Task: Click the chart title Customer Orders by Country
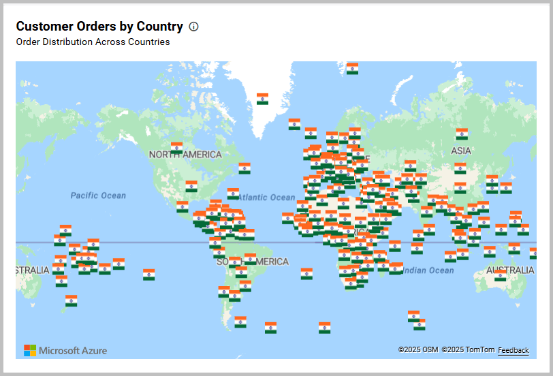pos(99,27)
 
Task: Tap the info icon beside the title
pos(193,27)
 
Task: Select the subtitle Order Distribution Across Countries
pos(93,42)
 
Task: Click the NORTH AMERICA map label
pos(185,155)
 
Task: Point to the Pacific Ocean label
pos(98,195)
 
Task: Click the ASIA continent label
pos(461,151)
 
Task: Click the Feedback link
pos(513,350)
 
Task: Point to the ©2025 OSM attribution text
pos(418,350)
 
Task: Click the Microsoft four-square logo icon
pos(30,350)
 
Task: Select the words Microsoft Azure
pos(73,351)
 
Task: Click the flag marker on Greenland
pos(262,99)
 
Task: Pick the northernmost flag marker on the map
pos(352,68)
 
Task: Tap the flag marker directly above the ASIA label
pos(462,134)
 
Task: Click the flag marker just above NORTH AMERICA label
pos(176,146)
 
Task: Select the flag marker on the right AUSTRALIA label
pos(501,275)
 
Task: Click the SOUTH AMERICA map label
pos(253,262)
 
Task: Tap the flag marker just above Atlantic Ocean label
pos(233,193)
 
